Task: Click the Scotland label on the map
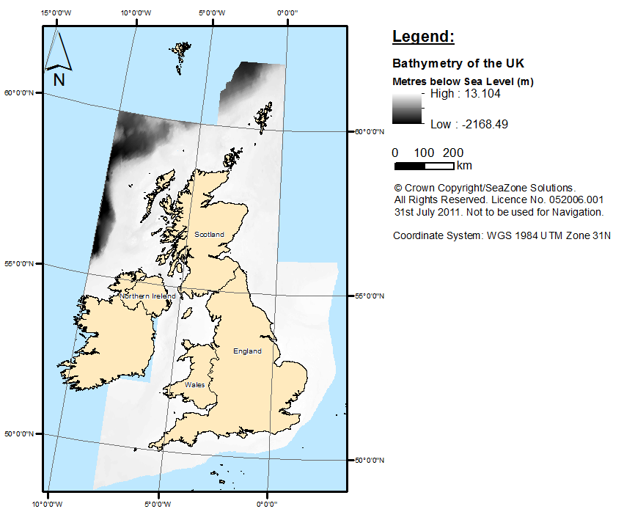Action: (209, 234)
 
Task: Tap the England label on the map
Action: (247, 351)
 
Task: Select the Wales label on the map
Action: (195, 384)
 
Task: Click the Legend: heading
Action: (423, 37)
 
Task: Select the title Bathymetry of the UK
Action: (458, 63)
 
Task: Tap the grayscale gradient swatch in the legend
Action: (407, 109)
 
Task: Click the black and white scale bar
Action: (423, 166)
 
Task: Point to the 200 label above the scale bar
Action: (452, 153)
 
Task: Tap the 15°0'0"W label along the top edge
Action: (56, 12)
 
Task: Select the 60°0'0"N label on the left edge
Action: (20, 92)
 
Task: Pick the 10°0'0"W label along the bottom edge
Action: (47, 505)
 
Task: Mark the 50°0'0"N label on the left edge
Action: (20, 433)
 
